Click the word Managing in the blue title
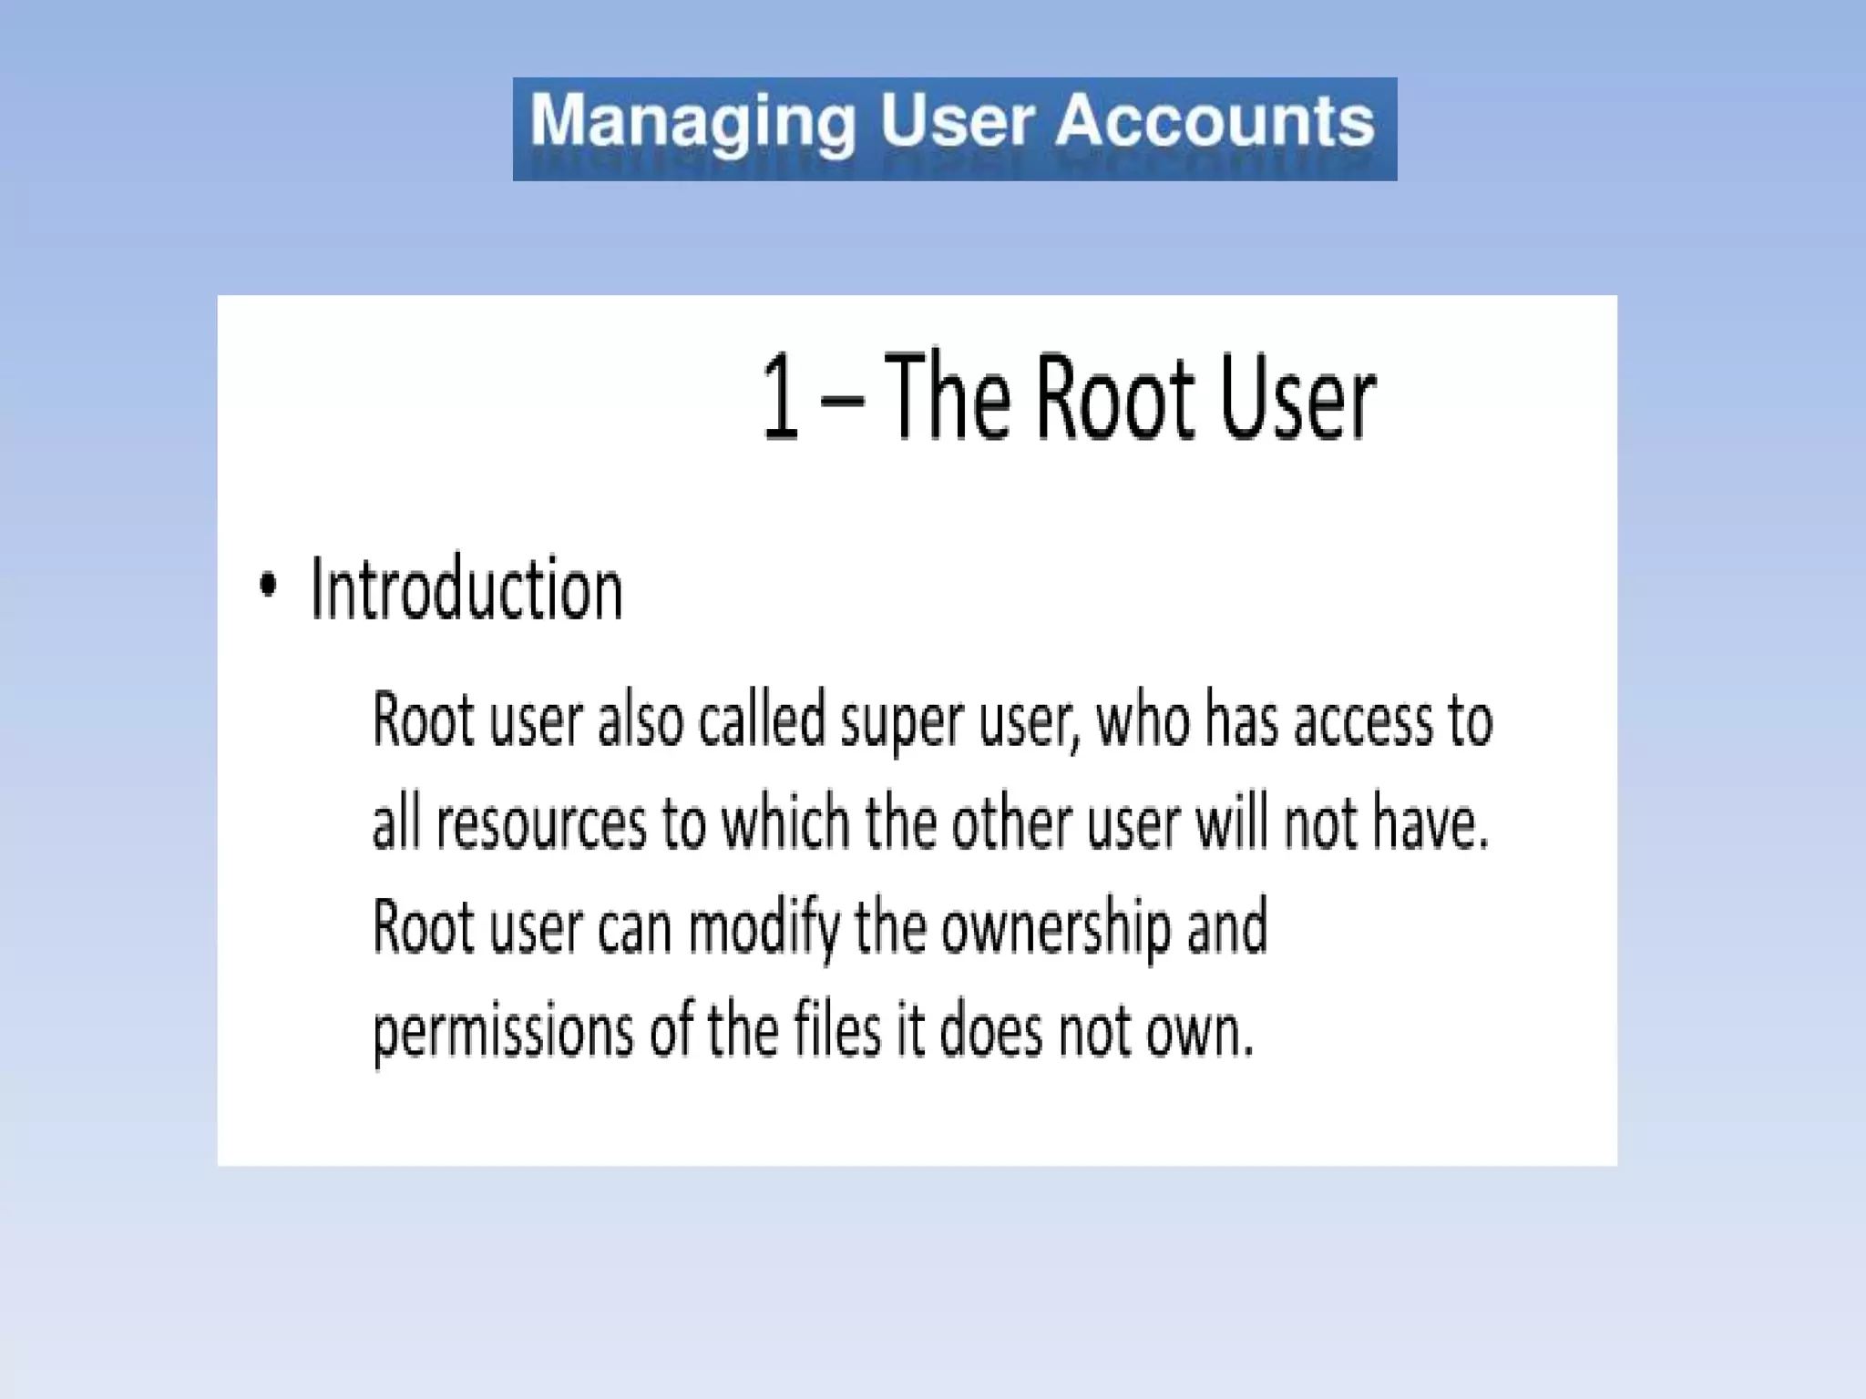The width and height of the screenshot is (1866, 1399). [x=693, y=122]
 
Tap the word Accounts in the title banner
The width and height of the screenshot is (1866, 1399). [x=1215, y=120]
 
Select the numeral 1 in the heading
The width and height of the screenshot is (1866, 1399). [x=780, y=399]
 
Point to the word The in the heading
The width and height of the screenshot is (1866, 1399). [x=948, y=397]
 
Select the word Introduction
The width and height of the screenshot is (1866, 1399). [x=466, y=589]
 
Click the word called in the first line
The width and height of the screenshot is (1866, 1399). [x=762, y=720]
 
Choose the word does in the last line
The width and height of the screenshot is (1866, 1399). [x=990, y=1031]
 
